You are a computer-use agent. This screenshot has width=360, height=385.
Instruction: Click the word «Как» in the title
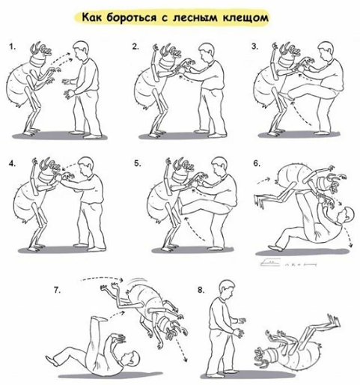(92, 18)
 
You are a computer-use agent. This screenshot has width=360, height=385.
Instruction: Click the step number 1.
(13, 46)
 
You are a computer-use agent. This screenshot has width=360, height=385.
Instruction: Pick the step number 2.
(135, 46)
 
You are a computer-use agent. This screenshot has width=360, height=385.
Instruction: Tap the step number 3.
(254, 46)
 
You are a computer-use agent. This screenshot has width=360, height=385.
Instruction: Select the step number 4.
(13, 163)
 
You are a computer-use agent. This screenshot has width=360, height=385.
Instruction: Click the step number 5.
(138, 163)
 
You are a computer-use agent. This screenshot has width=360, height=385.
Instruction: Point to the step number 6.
(257, 163)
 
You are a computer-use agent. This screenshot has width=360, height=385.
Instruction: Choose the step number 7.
(57, 290)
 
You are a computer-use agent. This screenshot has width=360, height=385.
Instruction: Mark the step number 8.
(201, 290)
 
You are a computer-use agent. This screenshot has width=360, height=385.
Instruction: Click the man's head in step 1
(82, 50)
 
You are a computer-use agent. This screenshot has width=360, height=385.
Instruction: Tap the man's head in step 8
(227, 289)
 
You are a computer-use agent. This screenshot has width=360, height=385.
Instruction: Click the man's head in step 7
(130, 359)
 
